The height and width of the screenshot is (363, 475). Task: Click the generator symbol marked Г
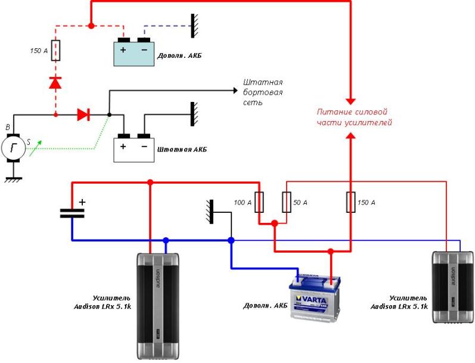click(x=13, y=147)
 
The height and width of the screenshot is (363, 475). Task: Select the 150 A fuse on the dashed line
click(x=55, y=51)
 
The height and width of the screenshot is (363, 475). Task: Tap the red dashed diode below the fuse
click(x=55, y=83)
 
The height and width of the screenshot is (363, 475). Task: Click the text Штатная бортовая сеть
click(x=262, y=92)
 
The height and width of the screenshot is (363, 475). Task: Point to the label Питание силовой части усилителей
click(x=352, y=117)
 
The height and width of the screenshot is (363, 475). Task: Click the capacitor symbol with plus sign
click(x=72, y=212)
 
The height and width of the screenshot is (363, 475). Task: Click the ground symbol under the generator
click(x=13, y=177)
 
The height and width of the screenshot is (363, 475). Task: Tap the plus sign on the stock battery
click(x=123, y=145)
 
